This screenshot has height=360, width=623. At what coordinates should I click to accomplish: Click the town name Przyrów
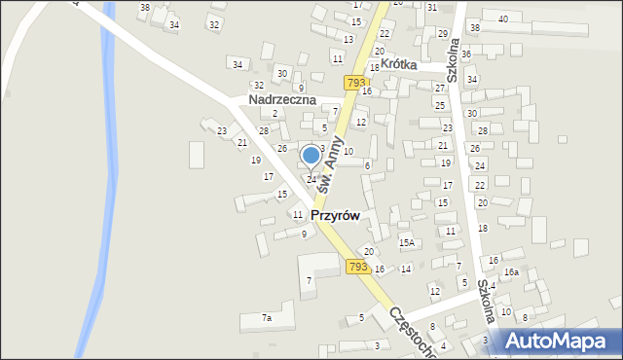[x=336, y=215]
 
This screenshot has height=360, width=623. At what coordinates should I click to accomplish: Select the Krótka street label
[x=398, y=63]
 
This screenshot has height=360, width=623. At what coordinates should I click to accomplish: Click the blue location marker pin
[x=311, y=156]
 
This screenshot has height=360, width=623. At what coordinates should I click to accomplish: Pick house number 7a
[x=266, y=317]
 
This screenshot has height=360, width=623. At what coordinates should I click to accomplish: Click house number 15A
[x=407, y=242]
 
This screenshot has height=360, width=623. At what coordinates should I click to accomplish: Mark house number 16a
[x=511, y=273]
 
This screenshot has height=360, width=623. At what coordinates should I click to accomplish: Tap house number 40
[x=503, y=18]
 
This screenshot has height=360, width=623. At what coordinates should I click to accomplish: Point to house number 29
[x=442, y=34]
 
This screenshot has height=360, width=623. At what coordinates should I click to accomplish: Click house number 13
[x=348, y=39]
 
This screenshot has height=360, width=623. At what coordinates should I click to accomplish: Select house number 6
[x=367, y=166]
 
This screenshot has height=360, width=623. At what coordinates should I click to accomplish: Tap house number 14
[x=406, y=269]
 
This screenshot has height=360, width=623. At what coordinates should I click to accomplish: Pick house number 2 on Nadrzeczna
[x=275, y=114]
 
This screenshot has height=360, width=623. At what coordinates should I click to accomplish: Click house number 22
[x=385, y=34]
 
